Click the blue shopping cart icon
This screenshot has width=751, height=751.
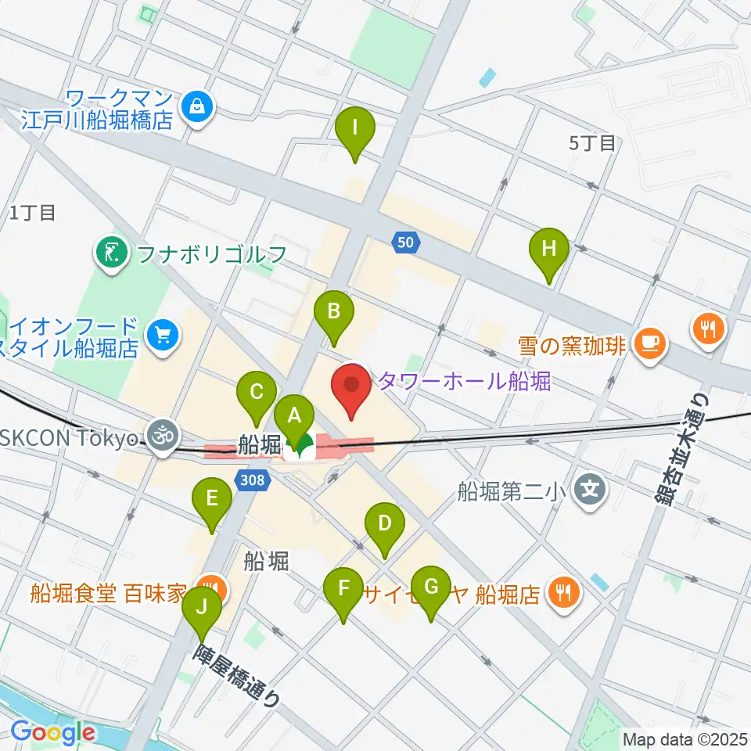coord(162,336)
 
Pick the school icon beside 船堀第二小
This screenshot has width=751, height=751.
coord(588,491)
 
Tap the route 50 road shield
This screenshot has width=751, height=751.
coord(404,243)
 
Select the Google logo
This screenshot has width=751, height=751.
coord(52,733)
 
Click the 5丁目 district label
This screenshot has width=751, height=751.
coord(593,142)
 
